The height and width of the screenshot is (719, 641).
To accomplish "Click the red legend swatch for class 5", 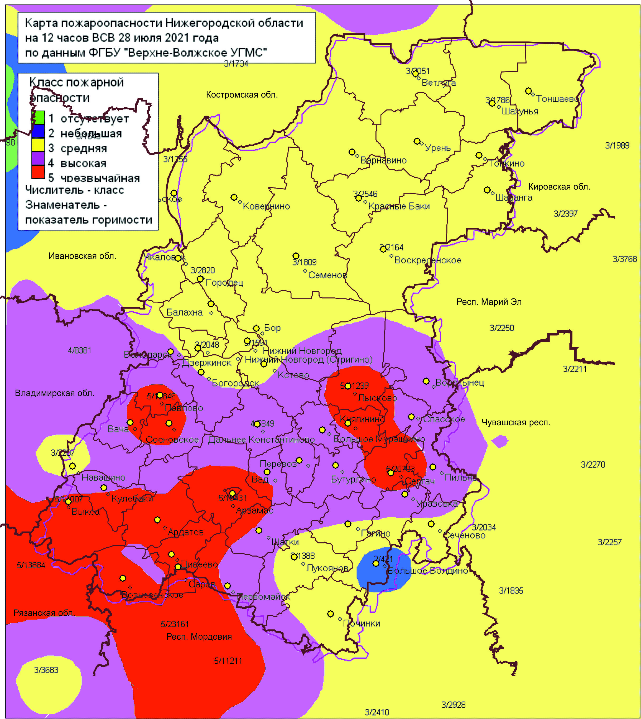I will (x=38, y=172).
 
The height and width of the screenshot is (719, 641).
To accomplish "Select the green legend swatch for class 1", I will (x=38, y=117).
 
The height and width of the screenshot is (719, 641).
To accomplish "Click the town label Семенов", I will (x=327, y=275).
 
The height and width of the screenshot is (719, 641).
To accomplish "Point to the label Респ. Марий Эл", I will (x=489, y=302).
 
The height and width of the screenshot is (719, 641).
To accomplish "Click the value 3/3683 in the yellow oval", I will (x=46, y=670).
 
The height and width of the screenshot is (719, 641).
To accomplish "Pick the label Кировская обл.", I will (x=559, y=187).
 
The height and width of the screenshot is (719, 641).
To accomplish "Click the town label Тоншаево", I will (x=557, y=99).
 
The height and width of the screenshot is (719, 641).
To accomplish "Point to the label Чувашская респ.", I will (x=515, y=423).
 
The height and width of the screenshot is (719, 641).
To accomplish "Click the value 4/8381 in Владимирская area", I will (x=80, y=350).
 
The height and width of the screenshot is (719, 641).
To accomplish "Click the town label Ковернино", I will (x=266, y=206).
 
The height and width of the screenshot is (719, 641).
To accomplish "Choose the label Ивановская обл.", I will (x=83, y=256).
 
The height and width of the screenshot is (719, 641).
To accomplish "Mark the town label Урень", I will (x=438, y=148).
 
